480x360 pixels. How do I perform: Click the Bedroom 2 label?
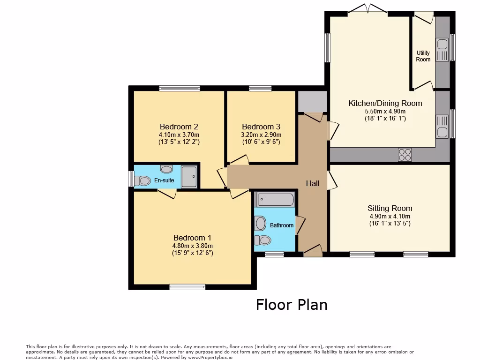click(179, 127)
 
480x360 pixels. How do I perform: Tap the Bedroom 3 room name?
click(261, 127)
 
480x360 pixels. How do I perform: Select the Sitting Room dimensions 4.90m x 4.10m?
click(390, 217)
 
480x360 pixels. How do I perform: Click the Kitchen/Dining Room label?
click(385, 103)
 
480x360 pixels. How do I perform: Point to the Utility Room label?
click(423, 56)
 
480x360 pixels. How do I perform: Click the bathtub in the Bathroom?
click(275, 200)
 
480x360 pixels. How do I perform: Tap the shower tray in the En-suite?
click(189, 176)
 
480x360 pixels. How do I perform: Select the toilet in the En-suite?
click(142, 180)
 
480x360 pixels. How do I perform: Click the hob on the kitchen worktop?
click(405, 154)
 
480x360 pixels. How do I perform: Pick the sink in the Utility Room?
click(442, 45)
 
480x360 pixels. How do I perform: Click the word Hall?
click(313, 183)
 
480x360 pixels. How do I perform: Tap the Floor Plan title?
click(292, 305)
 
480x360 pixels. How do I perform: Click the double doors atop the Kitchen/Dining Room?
click(367, 9)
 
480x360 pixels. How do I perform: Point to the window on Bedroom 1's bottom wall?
click(187, 287)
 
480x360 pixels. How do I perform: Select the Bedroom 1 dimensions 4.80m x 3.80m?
click(192, 246)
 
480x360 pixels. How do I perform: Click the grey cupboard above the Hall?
click(312, 101)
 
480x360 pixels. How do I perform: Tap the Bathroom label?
click(282, 225)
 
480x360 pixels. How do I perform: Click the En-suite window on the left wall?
click(131, 179)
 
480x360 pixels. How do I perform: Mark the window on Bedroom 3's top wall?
click(260, 88)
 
